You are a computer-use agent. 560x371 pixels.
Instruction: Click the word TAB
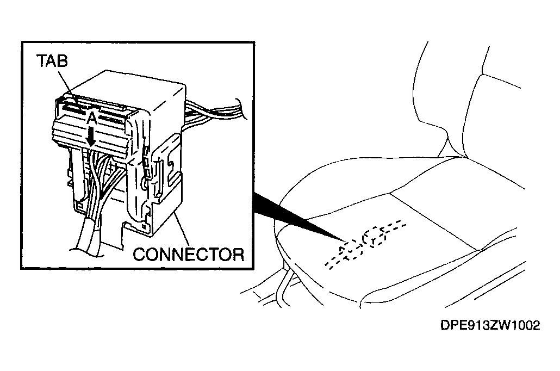coord(52,61)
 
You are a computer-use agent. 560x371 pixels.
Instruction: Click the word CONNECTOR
coord(189,255)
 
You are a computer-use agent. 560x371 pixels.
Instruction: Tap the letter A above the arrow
coord(92,118)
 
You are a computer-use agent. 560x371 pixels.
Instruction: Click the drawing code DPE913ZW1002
coord(490,325)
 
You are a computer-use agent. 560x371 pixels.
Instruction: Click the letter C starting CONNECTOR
coord(140,255)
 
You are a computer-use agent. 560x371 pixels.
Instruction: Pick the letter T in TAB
coord(41,61)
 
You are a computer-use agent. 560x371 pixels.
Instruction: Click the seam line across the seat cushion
coord(434,221)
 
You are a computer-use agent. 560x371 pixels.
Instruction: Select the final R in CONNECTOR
coord(238,255)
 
